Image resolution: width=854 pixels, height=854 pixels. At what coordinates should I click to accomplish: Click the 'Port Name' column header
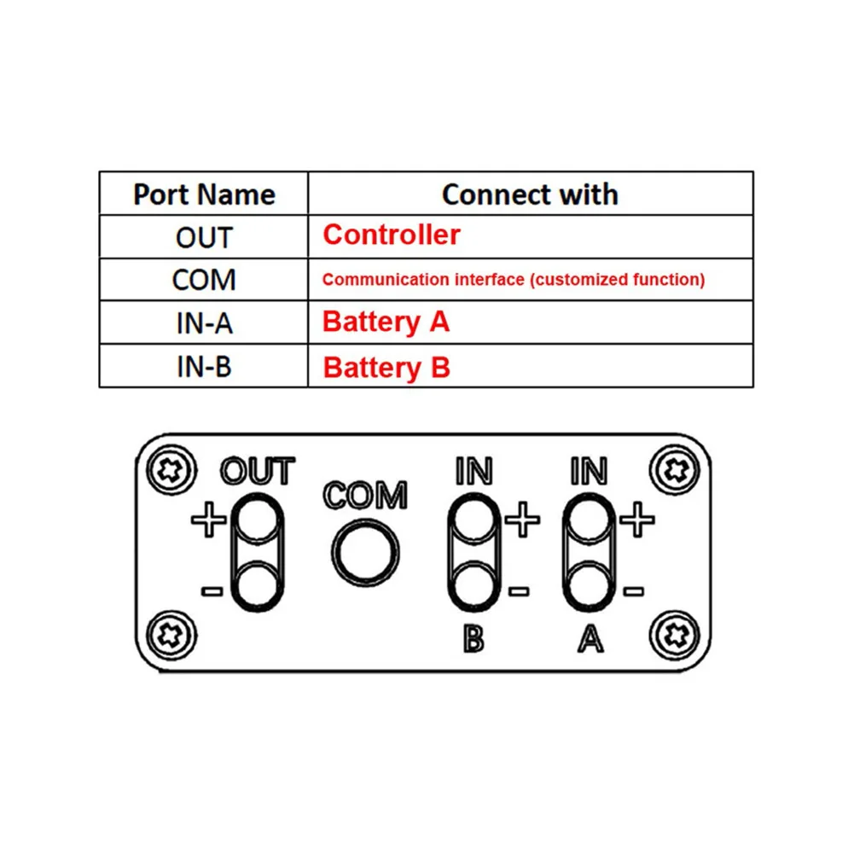[204, 195]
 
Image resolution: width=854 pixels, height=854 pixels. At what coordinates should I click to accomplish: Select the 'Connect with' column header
[530, 195]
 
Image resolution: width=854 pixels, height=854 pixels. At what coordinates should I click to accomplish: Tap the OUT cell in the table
[204, 237]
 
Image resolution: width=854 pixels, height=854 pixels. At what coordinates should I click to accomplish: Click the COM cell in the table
[204, 280]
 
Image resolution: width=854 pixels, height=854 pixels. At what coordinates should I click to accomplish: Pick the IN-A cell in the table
[204, 323]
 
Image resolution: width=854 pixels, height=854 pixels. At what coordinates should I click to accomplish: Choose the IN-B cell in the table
[204, 367]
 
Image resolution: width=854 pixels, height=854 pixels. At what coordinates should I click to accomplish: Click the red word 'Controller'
[392, 235]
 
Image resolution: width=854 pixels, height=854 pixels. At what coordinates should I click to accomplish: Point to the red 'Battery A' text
[386, 322]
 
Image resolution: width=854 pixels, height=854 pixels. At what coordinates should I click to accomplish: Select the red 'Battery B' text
[386, 368]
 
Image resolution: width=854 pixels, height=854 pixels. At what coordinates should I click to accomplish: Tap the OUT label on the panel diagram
[257, 471]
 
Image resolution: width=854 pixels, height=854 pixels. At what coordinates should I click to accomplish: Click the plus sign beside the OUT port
[207, 520]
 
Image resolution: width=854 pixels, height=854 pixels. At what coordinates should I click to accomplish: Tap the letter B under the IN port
[473, 639]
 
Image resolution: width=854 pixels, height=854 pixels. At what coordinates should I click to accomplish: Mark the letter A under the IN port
[589, 639]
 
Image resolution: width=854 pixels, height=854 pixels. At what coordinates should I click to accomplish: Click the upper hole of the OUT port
[257, 520]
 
